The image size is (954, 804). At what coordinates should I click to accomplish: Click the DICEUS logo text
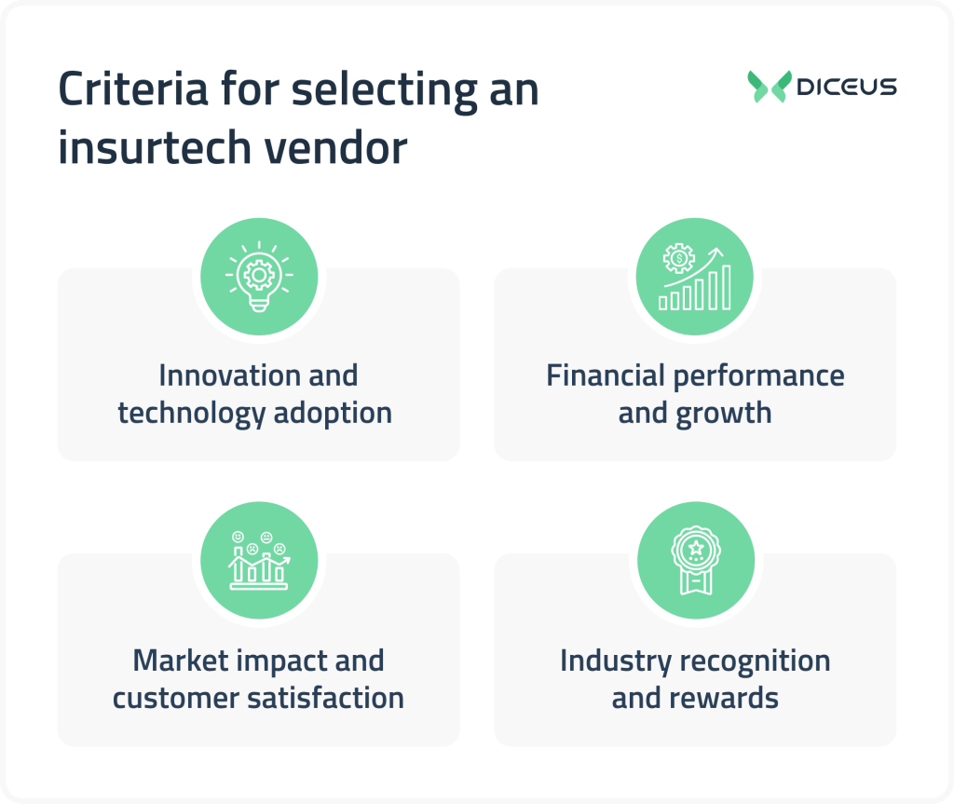click(847, 87)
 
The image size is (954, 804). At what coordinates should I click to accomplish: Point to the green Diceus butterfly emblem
click(769, 87)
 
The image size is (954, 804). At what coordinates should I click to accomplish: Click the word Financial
click(606, 375)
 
